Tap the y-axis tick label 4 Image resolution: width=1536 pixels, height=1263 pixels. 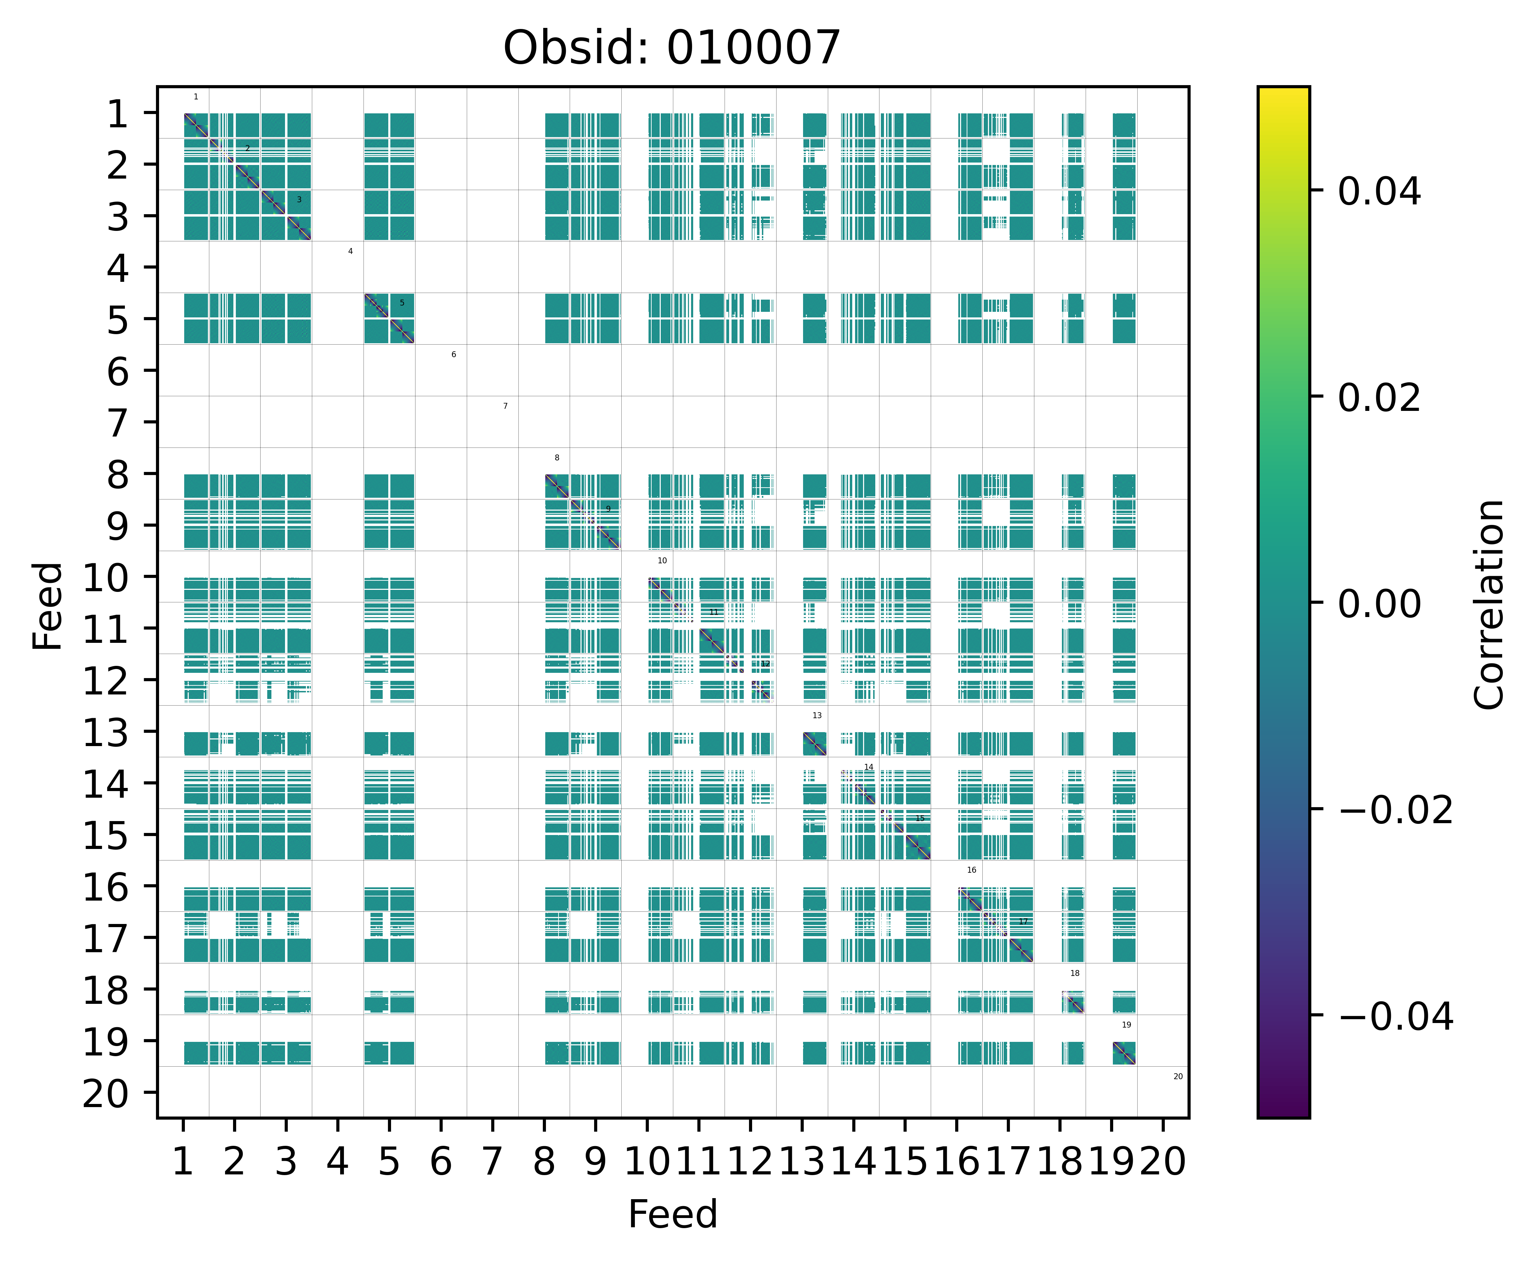(x=118, y=269)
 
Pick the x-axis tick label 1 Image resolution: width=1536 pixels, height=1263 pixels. (x=183, y=1162)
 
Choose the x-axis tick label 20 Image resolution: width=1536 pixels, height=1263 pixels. (x=1163, y=1162)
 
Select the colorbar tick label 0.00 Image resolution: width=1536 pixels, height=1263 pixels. (x=1379, y=604)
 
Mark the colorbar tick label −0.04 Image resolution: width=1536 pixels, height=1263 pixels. (x=1395, y=1016)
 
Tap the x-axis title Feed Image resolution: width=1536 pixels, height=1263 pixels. (x=672, y=1214)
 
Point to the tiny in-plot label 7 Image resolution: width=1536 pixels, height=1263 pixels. (x=505, y=406)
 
